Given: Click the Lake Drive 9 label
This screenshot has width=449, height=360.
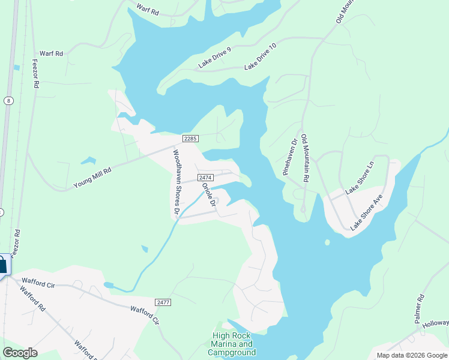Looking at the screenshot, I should pyautogui.click(x=214, y=58).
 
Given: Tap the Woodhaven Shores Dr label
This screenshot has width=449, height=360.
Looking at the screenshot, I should pyautogui.click(x=176, y=182).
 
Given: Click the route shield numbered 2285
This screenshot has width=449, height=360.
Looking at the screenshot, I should pyautogui.click(x=190, y=139).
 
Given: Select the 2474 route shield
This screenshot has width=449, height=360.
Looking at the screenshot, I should pyautogui.click(x=205, y=178).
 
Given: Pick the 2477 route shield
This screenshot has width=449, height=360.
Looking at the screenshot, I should pyautogui.click(x=163, y=302).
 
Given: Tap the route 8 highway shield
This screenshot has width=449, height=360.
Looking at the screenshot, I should pyautogui.click(x=8, y=100).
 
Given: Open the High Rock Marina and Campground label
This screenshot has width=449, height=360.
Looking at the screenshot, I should pyautogui.click(x=234, y=344).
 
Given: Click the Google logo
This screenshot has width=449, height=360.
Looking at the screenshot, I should pyautogui.click(x=20, y=353).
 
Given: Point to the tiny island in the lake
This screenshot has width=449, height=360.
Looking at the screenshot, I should pyautogui.click(x=327, y=242).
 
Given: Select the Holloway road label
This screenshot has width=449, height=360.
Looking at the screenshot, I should pyautogui.click(x=435, y=323).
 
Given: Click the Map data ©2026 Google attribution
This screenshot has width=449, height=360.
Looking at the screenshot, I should pyautogui.click(x=411, y=355).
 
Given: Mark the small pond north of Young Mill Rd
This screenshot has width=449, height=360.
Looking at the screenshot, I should pyautogui.click(x=89, y=161).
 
